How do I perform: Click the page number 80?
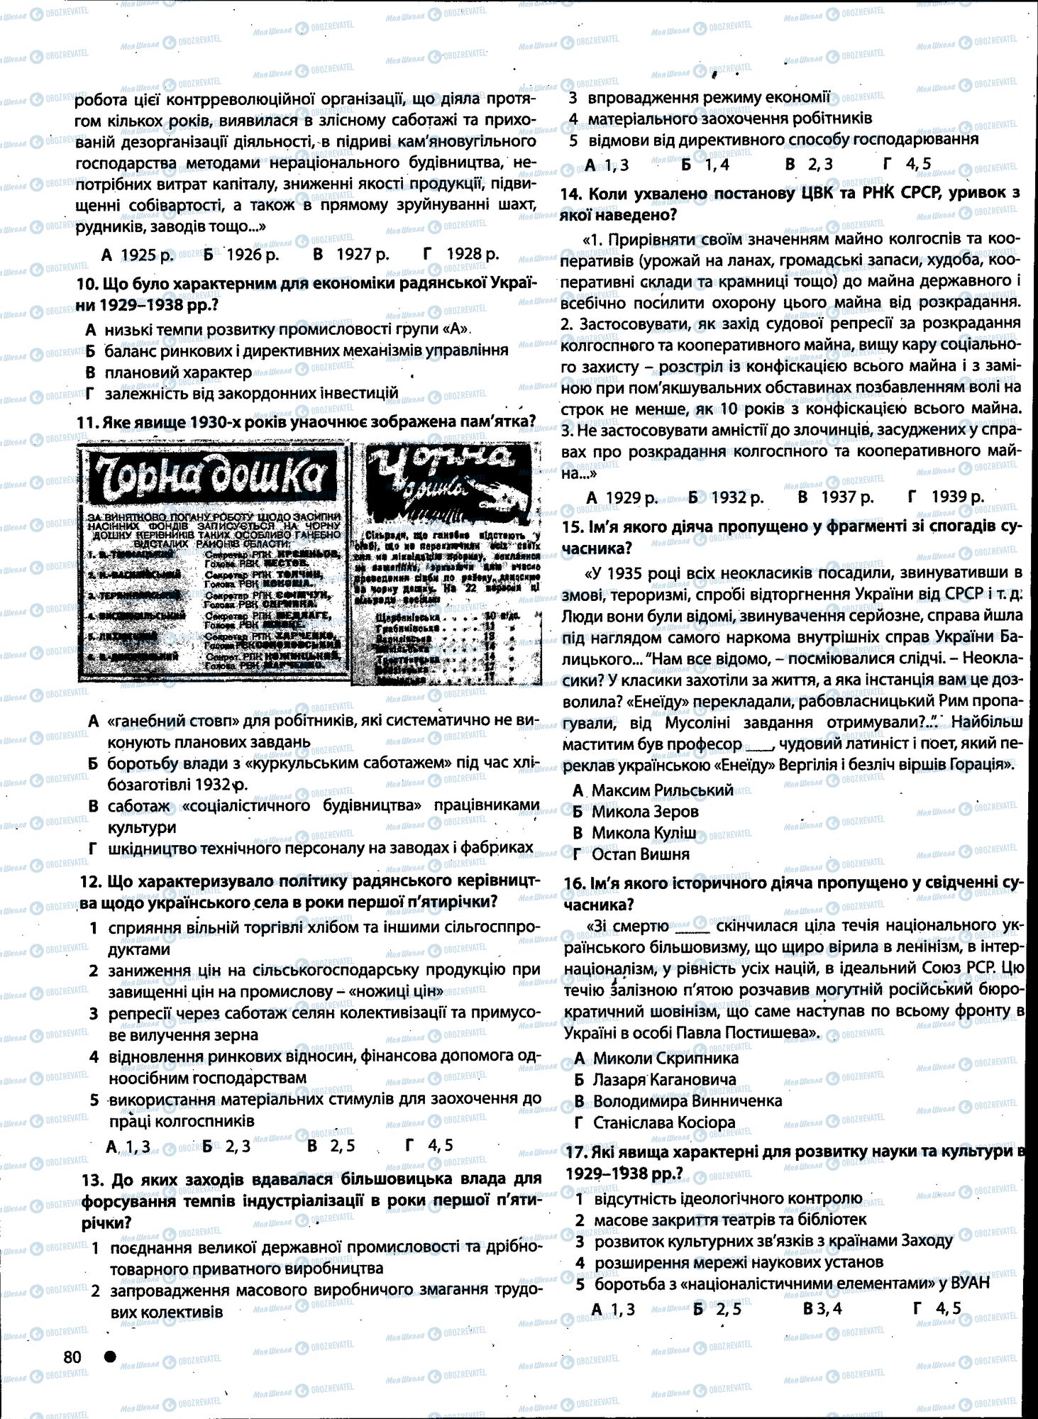[x=72, y=1357]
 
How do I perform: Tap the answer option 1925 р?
[x=138, y=254]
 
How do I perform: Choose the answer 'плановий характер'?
[x=178, y=372]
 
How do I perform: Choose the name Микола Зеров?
[x=645, y=811]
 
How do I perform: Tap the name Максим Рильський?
[x=652, y=790]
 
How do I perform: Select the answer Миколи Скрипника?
[x=666, y=1058]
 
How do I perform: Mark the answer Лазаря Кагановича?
[x=664, y=1080]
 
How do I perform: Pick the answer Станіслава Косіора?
[x=663, y=1122]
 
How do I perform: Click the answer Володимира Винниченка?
[x=687, y=1101]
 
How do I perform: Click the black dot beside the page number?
[x=110, y=1357]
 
